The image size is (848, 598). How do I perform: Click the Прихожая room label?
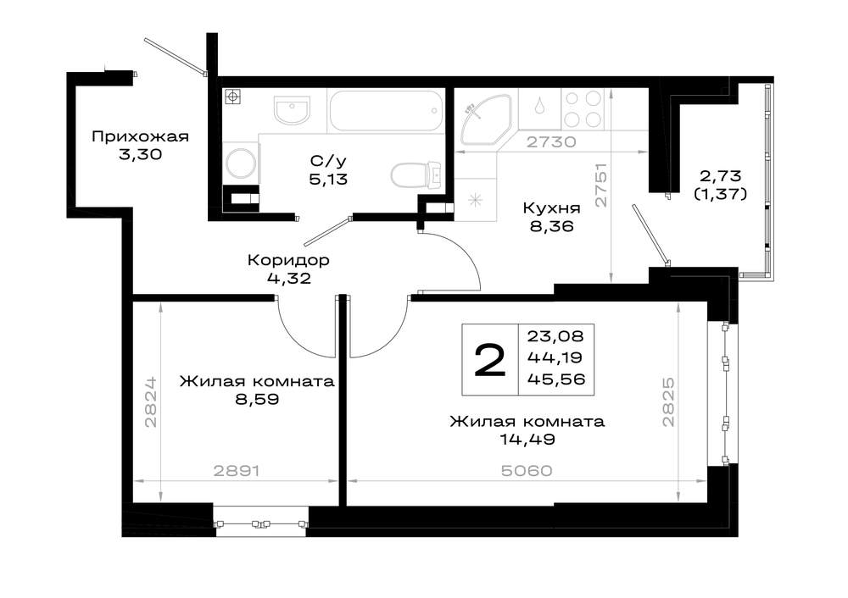[140, 136]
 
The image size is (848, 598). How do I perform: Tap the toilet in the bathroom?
[417, 174]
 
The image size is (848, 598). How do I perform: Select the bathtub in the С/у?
[386, 111]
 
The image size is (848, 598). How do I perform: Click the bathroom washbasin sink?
[292, 109]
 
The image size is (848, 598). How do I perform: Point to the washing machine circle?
[241, 163]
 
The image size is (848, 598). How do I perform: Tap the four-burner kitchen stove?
[583, 108]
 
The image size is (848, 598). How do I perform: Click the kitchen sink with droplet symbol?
[539, 108]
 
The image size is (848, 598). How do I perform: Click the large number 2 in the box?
[490, 360]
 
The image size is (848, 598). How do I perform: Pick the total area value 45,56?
[556, 379]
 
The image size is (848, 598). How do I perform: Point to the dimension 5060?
[527, 471]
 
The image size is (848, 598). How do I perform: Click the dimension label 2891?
[237, 471]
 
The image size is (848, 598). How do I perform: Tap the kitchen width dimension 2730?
[552, 142]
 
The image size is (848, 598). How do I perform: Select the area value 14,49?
[527, 440]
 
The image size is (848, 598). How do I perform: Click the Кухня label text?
[552, 208]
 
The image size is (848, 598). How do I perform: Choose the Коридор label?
[288, 260]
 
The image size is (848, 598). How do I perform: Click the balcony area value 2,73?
[720, 175]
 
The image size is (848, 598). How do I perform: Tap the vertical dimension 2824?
[151, 401]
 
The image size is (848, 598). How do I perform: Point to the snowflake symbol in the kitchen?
[476, 200]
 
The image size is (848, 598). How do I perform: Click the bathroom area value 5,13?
[328, 180]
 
